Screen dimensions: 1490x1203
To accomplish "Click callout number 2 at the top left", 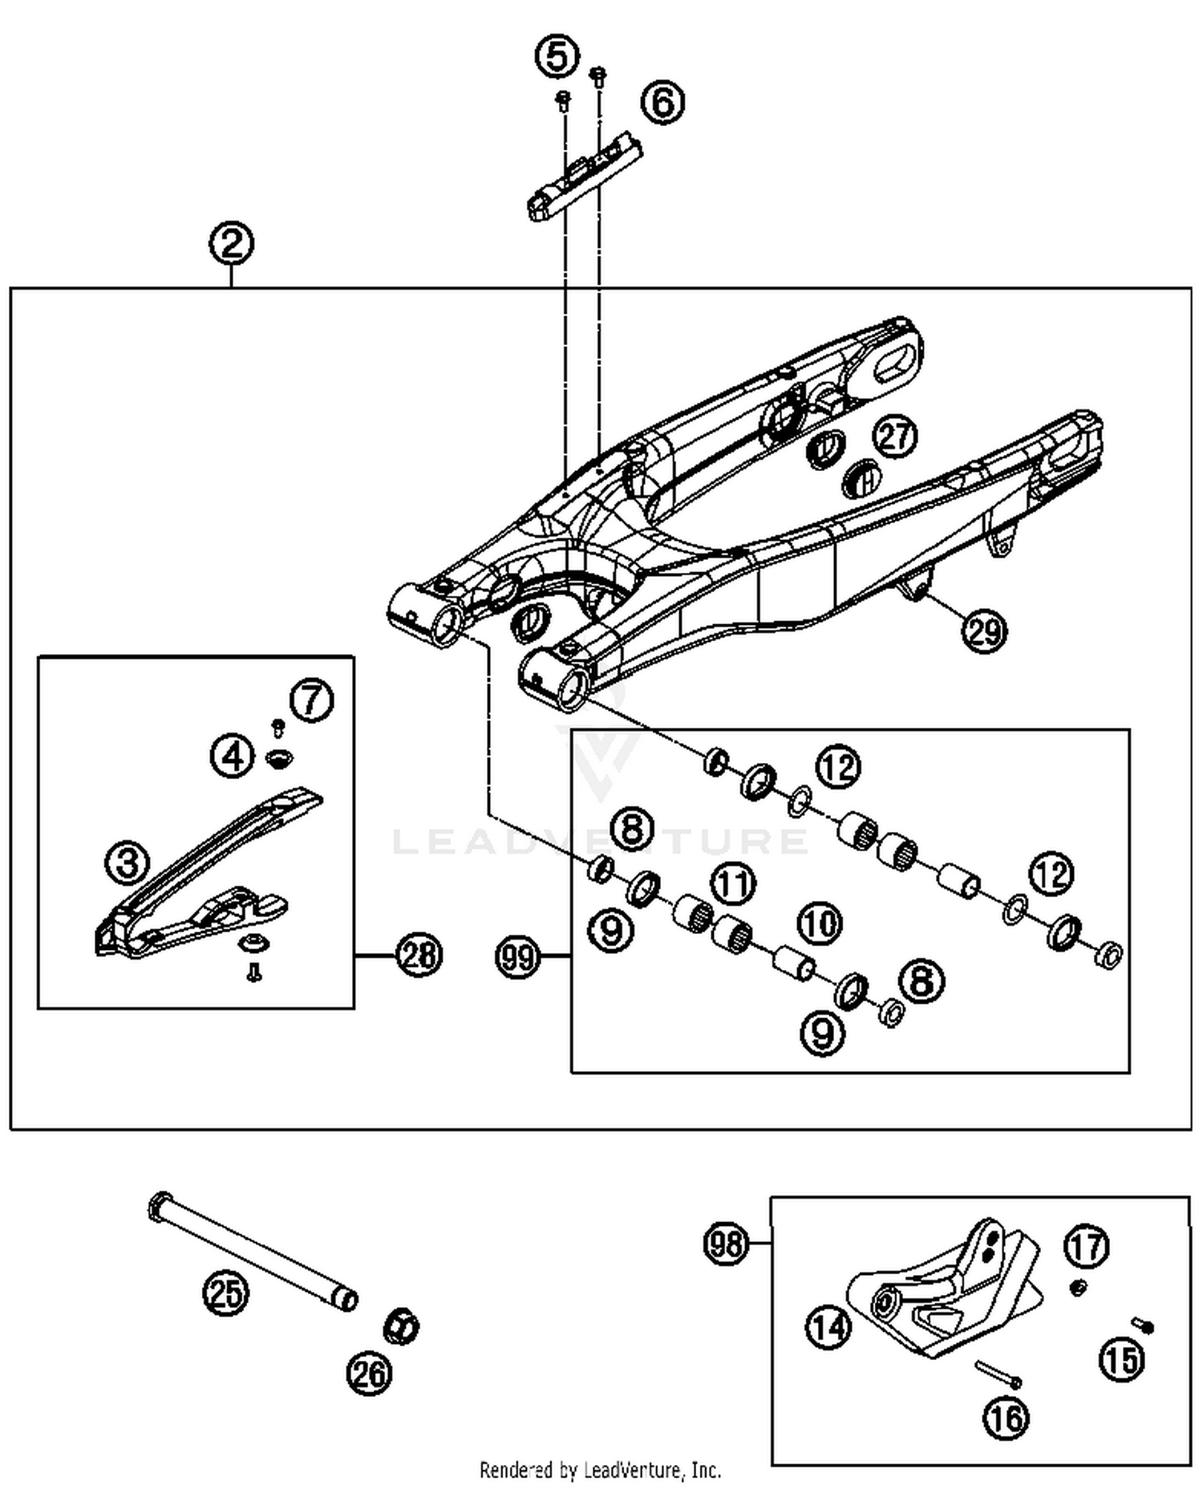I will (x=232, y=243).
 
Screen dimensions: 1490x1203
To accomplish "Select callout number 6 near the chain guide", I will (x=663, y=103).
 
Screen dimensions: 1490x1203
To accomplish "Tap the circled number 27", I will (x=895, y=436).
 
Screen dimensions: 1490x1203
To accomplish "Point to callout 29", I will (x=984, y=631).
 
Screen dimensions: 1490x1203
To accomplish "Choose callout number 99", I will (x=518, y=956).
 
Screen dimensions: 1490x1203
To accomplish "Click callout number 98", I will (x=726, y=1244).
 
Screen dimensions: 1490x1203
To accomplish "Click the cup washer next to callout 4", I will (x=278, y=756).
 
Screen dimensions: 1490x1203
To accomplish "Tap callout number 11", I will (x=733, y=884).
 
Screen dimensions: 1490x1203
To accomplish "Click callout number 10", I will (x=819, y=924).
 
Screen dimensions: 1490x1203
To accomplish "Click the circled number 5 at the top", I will (x=557, y=57).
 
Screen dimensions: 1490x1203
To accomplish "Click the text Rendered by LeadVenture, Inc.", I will (x=600, y=1470).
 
